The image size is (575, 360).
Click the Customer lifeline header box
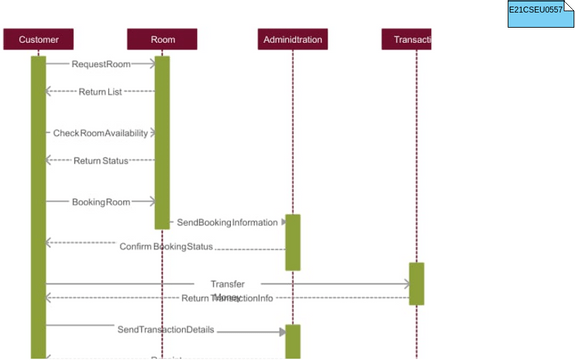click(x=38, y=39)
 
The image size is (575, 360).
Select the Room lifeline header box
click(x=162, y=39)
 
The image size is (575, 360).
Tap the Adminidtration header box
click(x=291, y=39)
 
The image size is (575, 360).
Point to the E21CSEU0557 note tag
click(x=539, y=11)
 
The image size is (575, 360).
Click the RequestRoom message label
click(x=101, y=64)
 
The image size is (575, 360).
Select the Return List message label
click(x=100, y=92)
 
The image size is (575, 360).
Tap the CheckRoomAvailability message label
click(x=100, y=133)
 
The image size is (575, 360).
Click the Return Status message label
click(x=101, y=160)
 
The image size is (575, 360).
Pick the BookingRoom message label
click(x=101, y=202)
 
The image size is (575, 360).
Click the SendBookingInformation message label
click(x=227, y=222)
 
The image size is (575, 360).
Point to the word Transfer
click(x=227, y=285)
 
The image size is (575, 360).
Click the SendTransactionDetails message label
click(x=165, y=329)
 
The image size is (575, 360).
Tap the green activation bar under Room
click(x=162, y=140)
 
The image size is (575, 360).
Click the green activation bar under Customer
click(x=38, y=200)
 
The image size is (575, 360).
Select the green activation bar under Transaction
click(x=416, y=283)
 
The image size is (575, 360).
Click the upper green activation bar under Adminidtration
click(x=292, y=242)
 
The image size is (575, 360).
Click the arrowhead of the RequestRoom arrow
click(x=152, y=64)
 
